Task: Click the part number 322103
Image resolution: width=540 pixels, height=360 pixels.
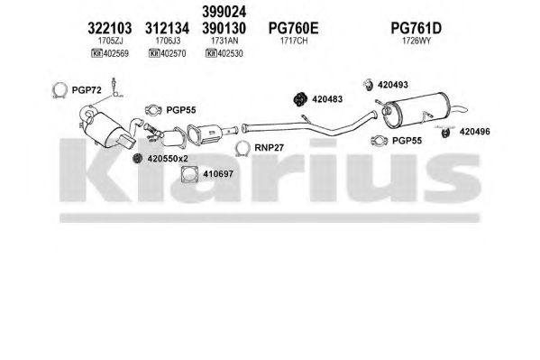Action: pos(109,28)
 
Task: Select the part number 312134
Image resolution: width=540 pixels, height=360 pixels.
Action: pos(167,28)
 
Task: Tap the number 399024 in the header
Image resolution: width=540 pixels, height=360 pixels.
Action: pos(224,12)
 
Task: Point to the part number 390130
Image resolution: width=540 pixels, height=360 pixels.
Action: pos(224,28)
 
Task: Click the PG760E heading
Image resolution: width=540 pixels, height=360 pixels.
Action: pos(293,28)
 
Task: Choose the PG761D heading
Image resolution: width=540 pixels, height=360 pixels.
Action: pos(416,28)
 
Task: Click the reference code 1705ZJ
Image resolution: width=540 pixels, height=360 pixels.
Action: pos(110,41)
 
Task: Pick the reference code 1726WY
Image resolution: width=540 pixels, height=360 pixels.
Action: pos(416,41)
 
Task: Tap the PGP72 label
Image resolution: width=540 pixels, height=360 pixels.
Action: pos(87,90)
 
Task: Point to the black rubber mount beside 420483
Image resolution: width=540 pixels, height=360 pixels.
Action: pos(300,99)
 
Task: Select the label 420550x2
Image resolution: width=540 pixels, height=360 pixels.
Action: pos(168,159)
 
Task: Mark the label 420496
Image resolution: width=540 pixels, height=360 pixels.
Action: pos(474,132)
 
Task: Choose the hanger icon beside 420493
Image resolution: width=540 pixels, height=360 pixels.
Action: pos(369,85)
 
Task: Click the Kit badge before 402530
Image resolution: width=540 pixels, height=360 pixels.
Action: pos(211,53)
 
